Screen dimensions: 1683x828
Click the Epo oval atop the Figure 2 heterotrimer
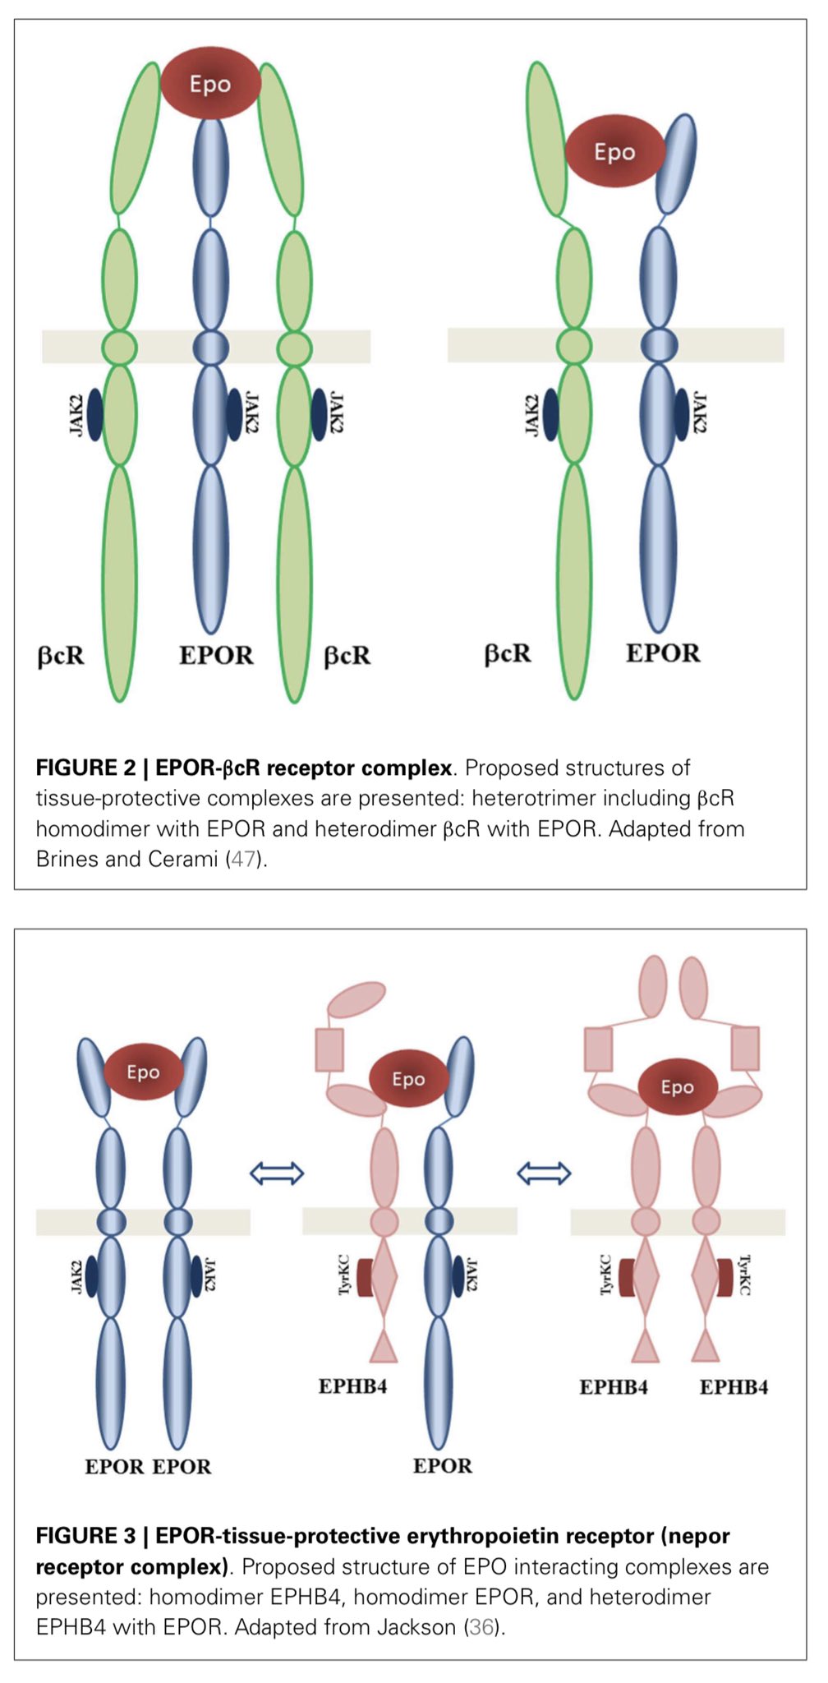point(210,83)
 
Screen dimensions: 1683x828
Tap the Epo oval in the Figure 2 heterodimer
point(614,151)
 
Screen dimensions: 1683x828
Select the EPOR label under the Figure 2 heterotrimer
point(216,655)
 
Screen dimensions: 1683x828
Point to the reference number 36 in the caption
point(481,1626)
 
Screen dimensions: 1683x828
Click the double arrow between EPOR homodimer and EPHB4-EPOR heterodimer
point(277,1173)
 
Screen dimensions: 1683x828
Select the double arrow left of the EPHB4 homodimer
point(544,1173)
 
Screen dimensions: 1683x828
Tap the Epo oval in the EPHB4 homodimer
point(678,1086)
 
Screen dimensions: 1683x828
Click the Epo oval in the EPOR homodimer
point(143,1072)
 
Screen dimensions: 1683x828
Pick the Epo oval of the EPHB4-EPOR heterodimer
point(408,1078)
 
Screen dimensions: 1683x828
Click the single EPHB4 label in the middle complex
point(352,1386)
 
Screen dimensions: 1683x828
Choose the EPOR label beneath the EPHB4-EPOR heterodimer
point(442,1466)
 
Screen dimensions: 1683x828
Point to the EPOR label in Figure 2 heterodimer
point(663,653)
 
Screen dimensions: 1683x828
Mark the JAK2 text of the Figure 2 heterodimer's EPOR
point(700,413)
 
